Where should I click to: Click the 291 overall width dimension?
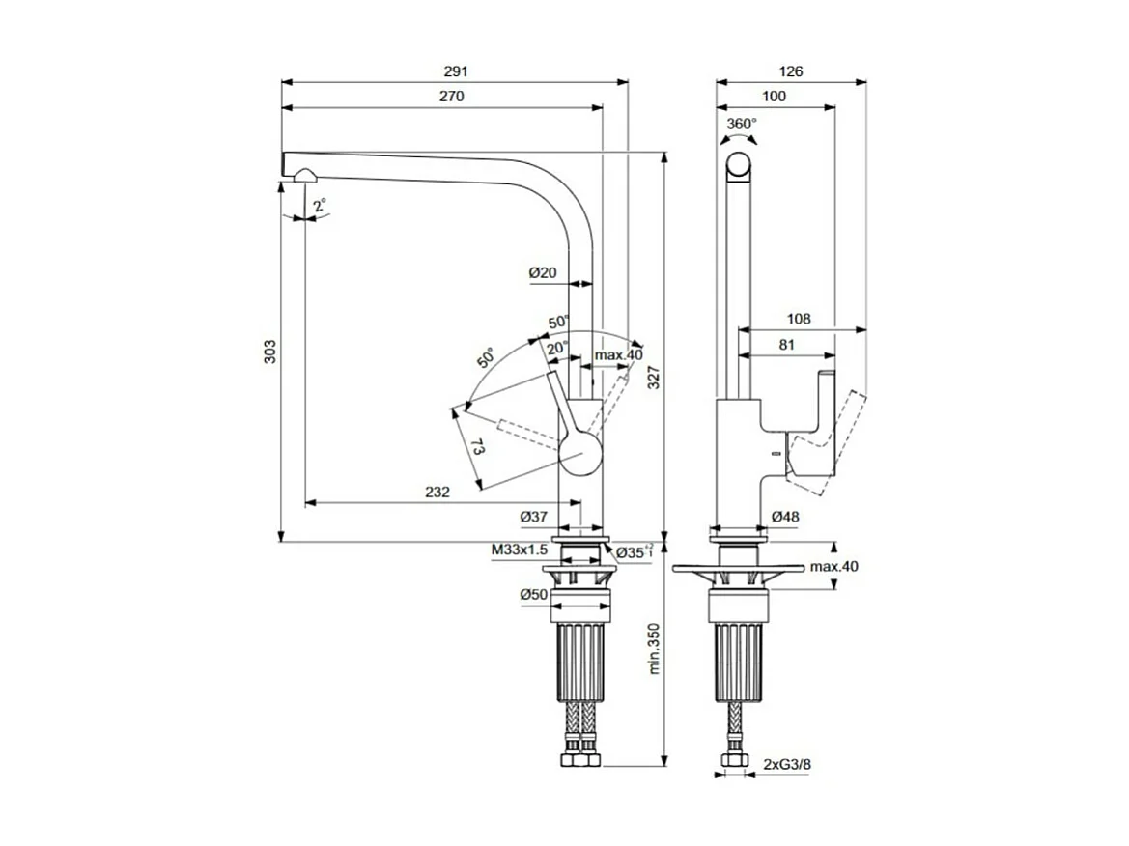pyautogui.click(x=455, y=71)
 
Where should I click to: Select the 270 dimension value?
pyautogui.click(x=452, y=97)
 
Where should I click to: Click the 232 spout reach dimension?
pyautogui.click(x=437, y=493)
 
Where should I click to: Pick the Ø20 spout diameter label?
pyautogui.click(x=543, y=273)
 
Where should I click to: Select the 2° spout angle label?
pyautogui.click(x=320, y=205)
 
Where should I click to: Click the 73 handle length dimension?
pyautogui.click(x=477, y=447)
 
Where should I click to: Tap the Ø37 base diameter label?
pyautogui.click(x=534, y=518)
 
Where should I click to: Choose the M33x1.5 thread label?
pyautogui.click(x=519, y=550)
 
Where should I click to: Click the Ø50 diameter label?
pyautogui.click(x=534, y=595)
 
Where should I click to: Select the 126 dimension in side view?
pyautogui.click(x=790, y=71)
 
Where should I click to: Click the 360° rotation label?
pyautogui.click(x=742, y=124)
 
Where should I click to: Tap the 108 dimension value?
pyautogui.click(x=798, y=318)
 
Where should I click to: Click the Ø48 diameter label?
pyautogui.click(x=785, y=518)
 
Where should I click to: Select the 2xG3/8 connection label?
pyautogui.click(x=787, y=764)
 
